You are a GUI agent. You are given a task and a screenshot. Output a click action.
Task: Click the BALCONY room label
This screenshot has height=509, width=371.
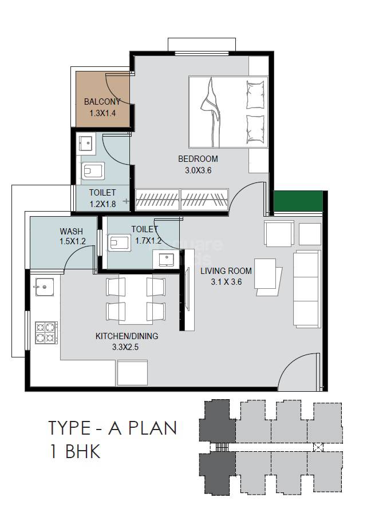click(x=102, y=102)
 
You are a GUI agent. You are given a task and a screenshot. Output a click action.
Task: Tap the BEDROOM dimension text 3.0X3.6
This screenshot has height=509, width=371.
click(x=198, y=170)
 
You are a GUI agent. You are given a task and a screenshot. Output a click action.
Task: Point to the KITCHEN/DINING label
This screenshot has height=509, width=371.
click(x=127, y=336)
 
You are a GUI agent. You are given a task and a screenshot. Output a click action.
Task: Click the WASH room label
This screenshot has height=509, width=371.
click(x=72, y=231)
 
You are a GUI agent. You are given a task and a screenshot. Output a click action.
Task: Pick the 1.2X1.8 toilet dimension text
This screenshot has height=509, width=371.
click(x=102, y=203)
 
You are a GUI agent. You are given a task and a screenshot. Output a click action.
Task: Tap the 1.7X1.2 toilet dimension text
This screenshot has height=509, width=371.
click(x=149, y=241)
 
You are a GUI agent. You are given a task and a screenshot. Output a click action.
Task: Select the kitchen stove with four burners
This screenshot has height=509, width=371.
click(x=46, y=333)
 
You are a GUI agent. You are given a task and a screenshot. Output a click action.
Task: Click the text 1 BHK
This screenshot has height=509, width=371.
click(x=74, y=452)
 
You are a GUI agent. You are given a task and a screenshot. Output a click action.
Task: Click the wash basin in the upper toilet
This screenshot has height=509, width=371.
click(x=88, y=142)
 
